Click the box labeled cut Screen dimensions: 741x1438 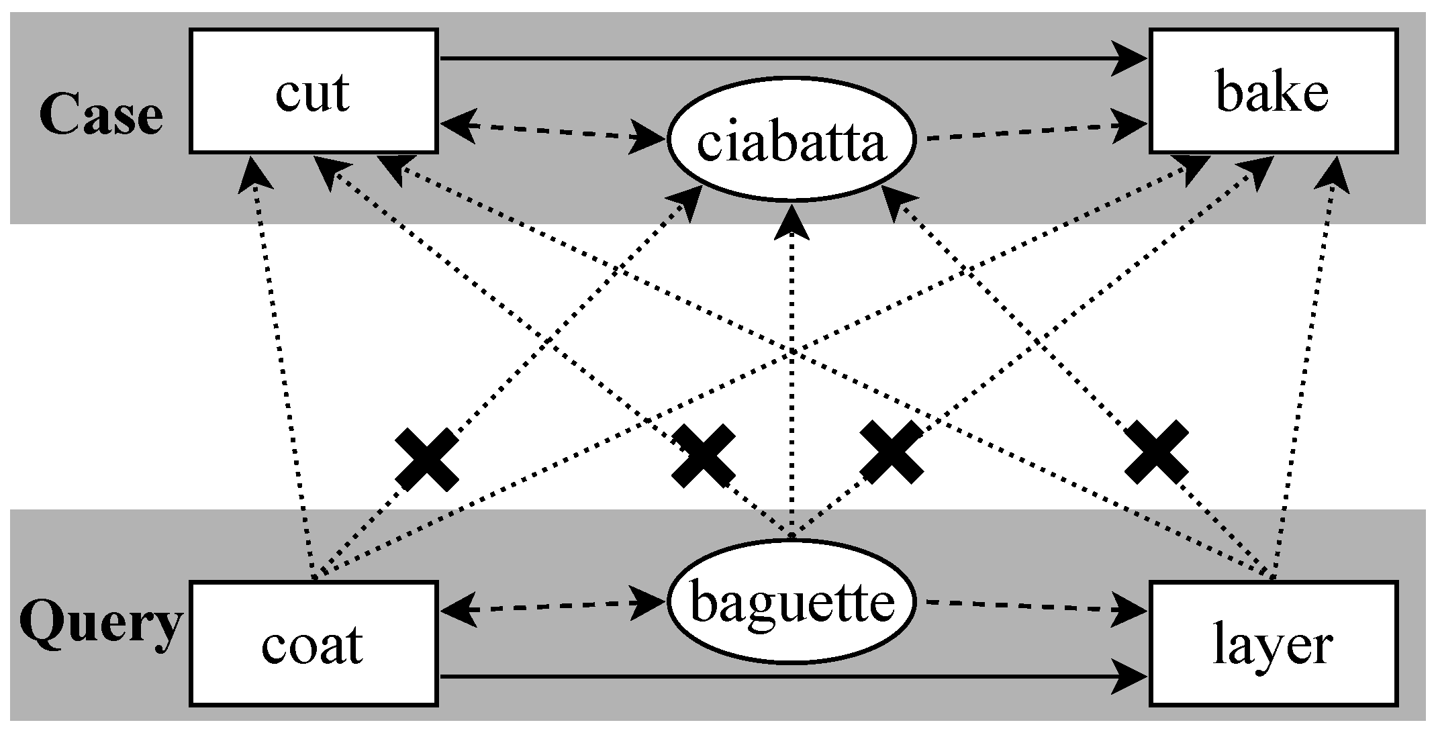(314, 91)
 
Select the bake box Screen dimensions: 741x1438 (1273, 91)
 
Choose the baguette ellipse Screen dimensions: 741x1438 (792, 602)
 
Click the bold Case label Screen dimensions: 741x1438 (101, 115)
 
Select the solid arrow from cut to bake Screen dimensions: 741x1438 (792, 58)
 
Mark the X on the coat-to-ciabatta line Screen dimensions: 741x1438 (427, 460)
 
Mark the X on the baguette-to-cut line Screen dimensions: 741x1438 (704, 456)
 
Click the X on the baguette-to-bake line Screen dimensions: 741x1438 (892, 452)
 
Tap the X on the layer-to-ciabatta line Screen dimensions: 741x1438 (1156, 452)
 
